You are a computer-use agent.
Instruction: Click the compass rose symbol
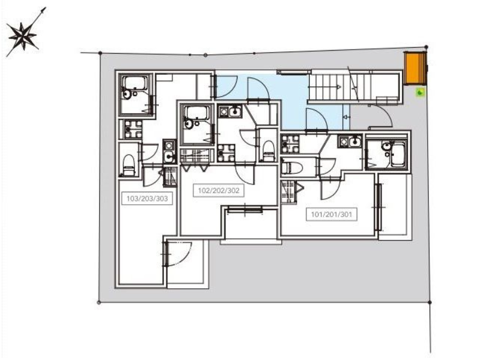tap(23, 36)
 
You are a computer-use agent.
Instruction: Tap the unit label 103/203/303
tap(147, 198)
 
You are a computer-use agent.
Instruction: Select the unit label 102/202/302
tap(218, 190)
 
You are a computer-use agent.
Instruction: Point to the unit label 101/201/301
tap(331, 214)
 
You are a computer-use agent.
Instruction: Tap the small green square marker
tap(420, 93)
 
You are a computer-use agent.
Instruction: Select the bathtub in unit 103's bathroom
tap(135, 83)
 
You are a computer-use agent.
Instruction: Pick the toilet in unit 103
tap(129, 165)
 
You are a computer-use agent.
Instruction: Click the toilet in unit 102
tap(268, 150)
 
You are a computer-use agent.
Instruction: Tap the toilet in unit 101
tap(292, 167)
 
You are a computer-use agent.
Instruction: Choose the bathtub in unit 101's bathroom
tap(398, 154)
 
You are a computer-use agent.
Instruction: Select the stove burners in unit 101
tap(290, 144)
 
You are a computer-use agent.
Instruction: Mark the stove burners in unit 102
tap(226, 153)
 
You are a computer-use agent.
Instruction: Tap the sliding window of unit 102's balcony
tap(245, 210)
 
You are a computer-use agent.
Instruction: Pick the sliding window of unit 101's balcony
tap(379, 207)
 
